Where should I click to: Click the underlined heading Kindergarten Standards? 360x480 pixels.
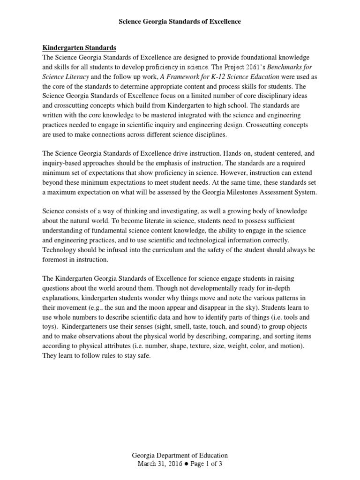pyautogui.click(x=79, y=48)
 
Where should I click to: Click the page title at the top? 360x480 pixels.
pyautogui.click(x=180, y=22)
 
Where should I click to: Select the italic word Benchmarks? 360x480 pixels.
pyautogui.click(x=299, y=67)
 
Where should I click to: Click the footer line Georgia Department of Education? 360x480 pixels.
pyautogui.click(x=180, y=455)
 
